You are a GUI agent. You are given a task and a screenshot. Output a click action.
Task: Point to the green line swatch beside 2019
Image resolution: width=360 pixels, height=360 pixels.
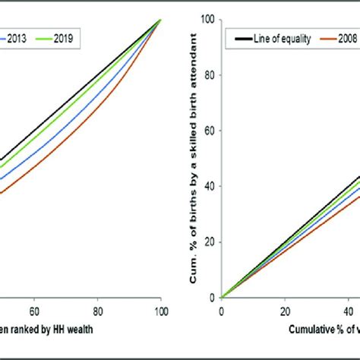coord(44,36)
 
